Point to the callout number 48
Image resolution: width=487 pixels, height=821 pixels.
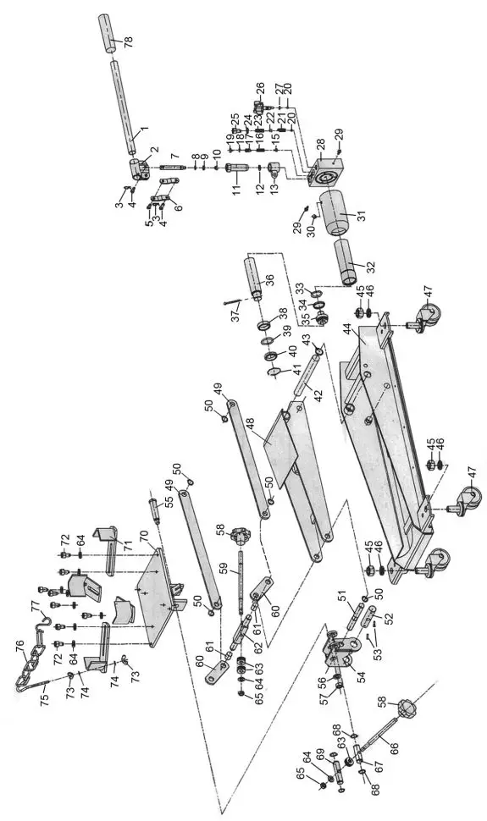[x=248, y=421]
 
